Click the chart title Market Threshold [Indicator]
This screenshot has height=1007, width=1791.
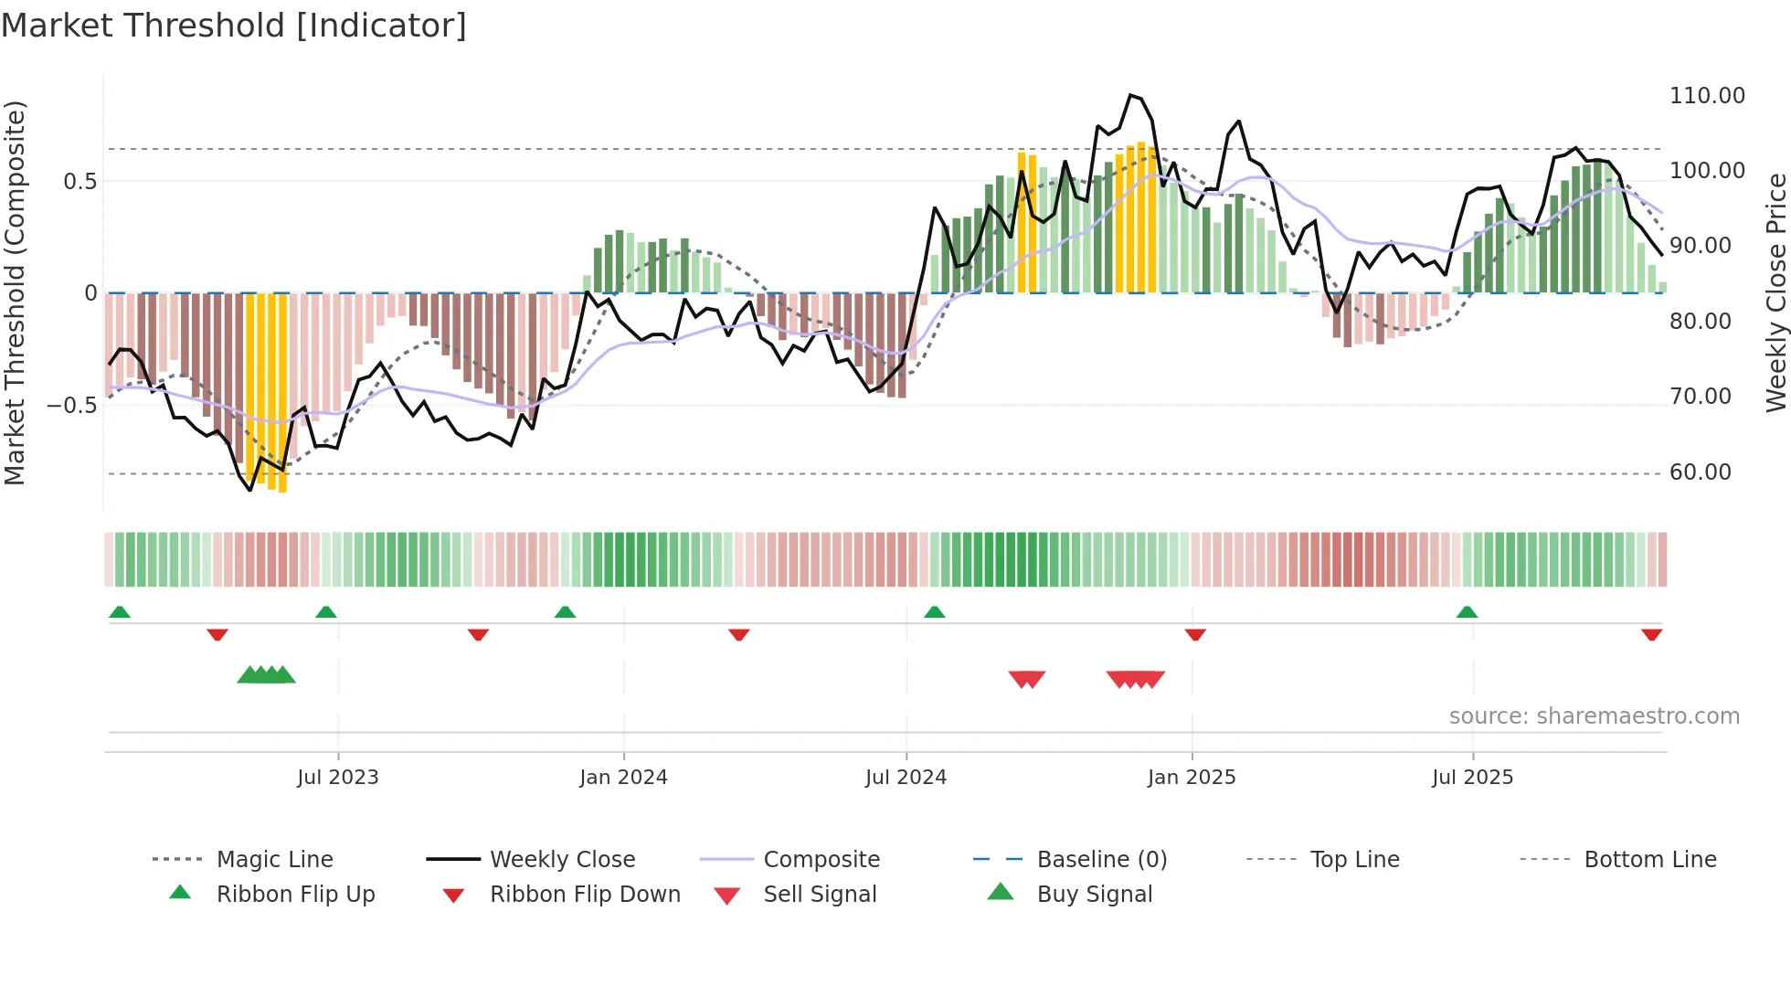[x=234, y=26]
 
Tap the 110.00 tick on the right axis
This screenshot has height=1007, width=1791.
[x=1706, y=96]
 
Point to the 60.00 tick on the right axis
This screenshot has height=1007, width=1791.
[x=1700, y=472]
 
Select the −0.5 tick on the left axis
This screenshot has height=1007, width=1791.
[x=71, y=405]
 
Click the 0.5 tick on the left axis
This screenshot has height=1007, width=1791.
[x=79, y=181]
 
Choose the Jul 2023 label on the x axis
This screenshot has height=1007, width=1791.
[x=337, y=778]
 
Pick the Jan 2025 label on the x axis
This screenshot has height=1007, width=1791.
[x=1191, y=778]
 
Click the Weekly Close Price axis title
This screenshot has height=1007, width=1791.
[x=1775, y=292]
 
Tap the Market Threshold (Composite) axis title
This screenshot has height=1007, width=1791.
[x=15, y=292]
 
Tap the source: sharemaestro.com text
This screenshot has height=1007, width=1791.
[x=1594, y=716]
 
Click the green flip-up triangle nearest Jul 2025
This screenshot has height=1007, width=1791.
[x=1467, y=612]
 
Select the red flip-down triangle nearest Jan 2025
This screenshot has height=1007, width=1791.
[x=1195, y=634]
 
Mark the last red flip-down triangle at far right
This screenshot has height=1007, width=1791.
[x=1651, y=634]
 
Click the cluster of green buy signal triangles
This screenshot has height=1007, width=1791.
[x=266, y=675]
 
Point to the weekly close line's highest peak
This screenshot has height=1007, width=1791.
[x=1131, y=95]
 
